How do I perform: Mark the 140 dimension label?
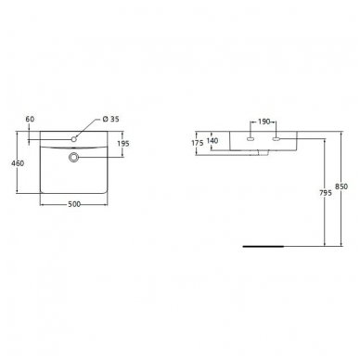[x=213, y=142]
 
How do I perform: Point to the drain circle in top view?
[x=72, y=157]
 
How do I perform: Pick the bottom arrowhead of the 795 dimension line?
[x=323, y=246]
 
